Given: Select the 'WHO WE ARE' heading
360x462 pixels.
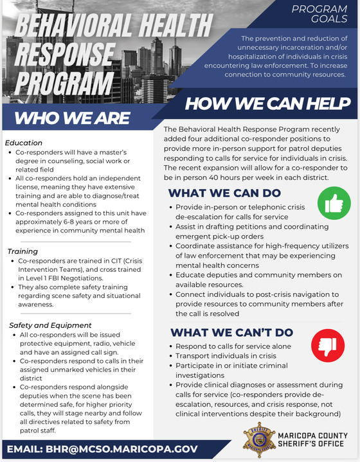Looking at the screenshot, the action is (x=72, y=118).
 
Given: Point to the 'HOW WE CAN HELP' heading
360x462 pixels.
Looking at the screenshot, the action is (x=268, y=103).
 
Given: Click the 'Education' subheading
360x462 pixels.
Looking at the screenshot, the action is (x=23, y=143).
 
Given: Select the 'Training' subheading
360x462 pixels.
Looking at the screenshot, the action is (x=22, y=251).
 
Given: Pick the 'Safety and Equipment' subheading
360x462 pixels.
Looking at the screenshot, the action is (x=50, y=325).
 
